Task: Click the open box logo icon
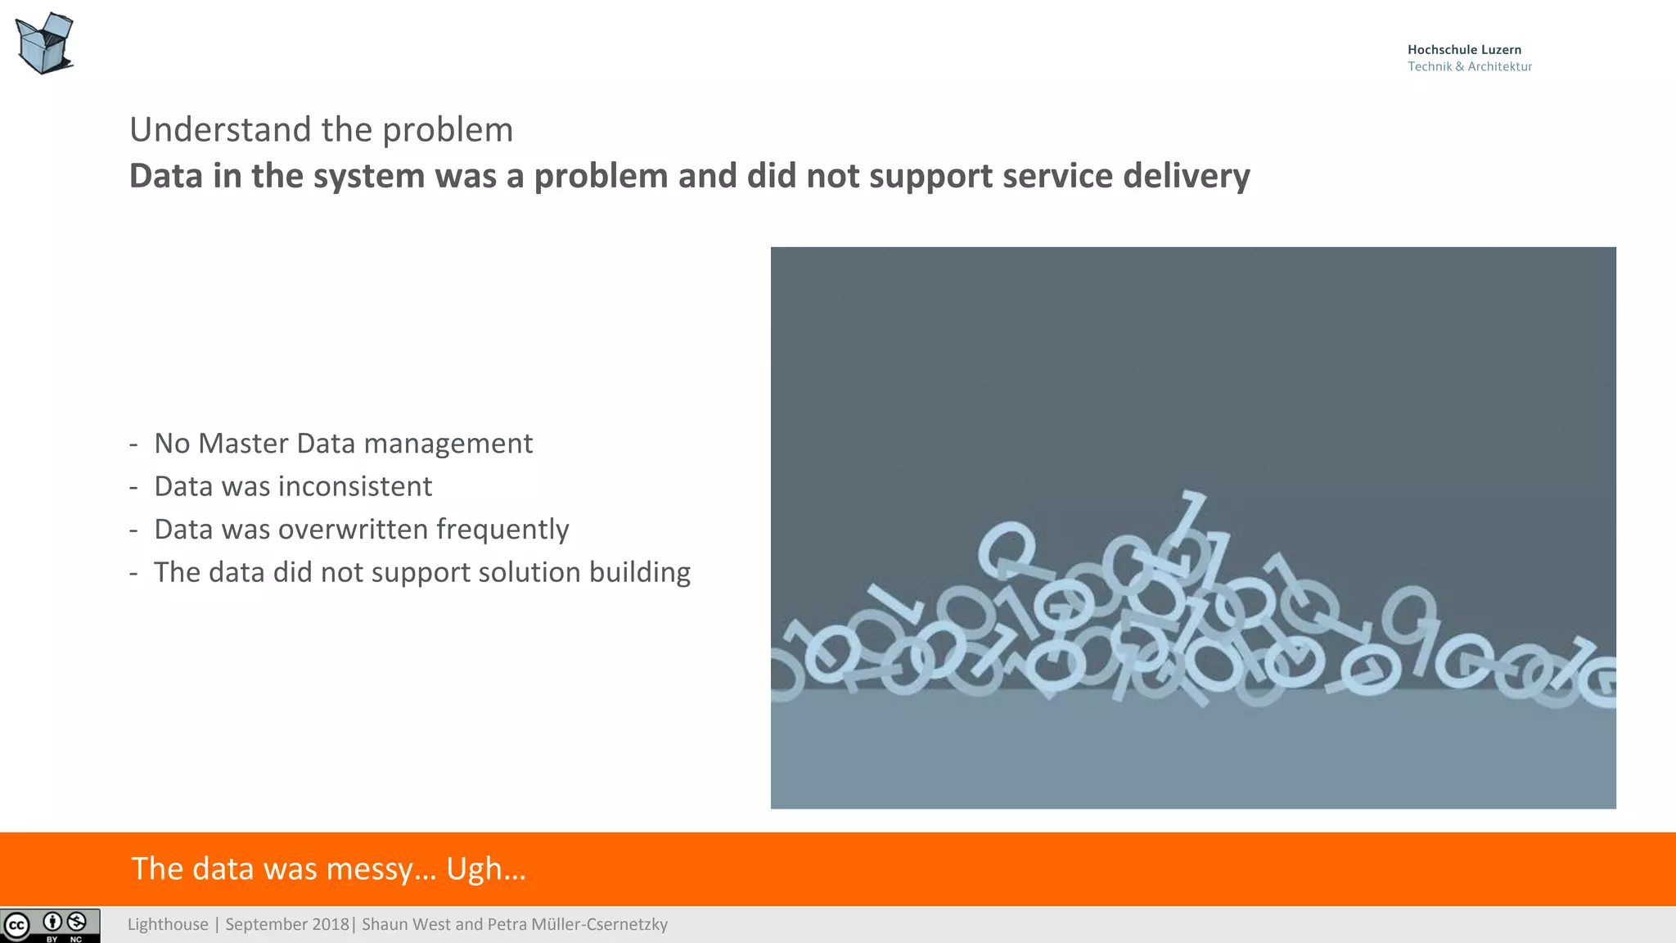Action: (44, 43)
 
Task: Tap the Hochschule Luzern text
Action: (1464, 50)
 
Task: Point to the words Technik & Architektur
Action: (1469, 67)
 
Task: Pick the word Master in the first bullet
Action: (243, 444)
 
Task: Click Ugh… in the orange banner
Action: (485, 869)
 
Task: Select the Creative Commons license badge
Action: (50, 926)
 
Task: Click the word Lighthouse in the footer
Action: (168, 925)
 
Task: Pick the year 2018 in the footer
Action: (330, 925)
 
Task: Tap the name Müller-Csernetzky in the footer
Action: (599, 925)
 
